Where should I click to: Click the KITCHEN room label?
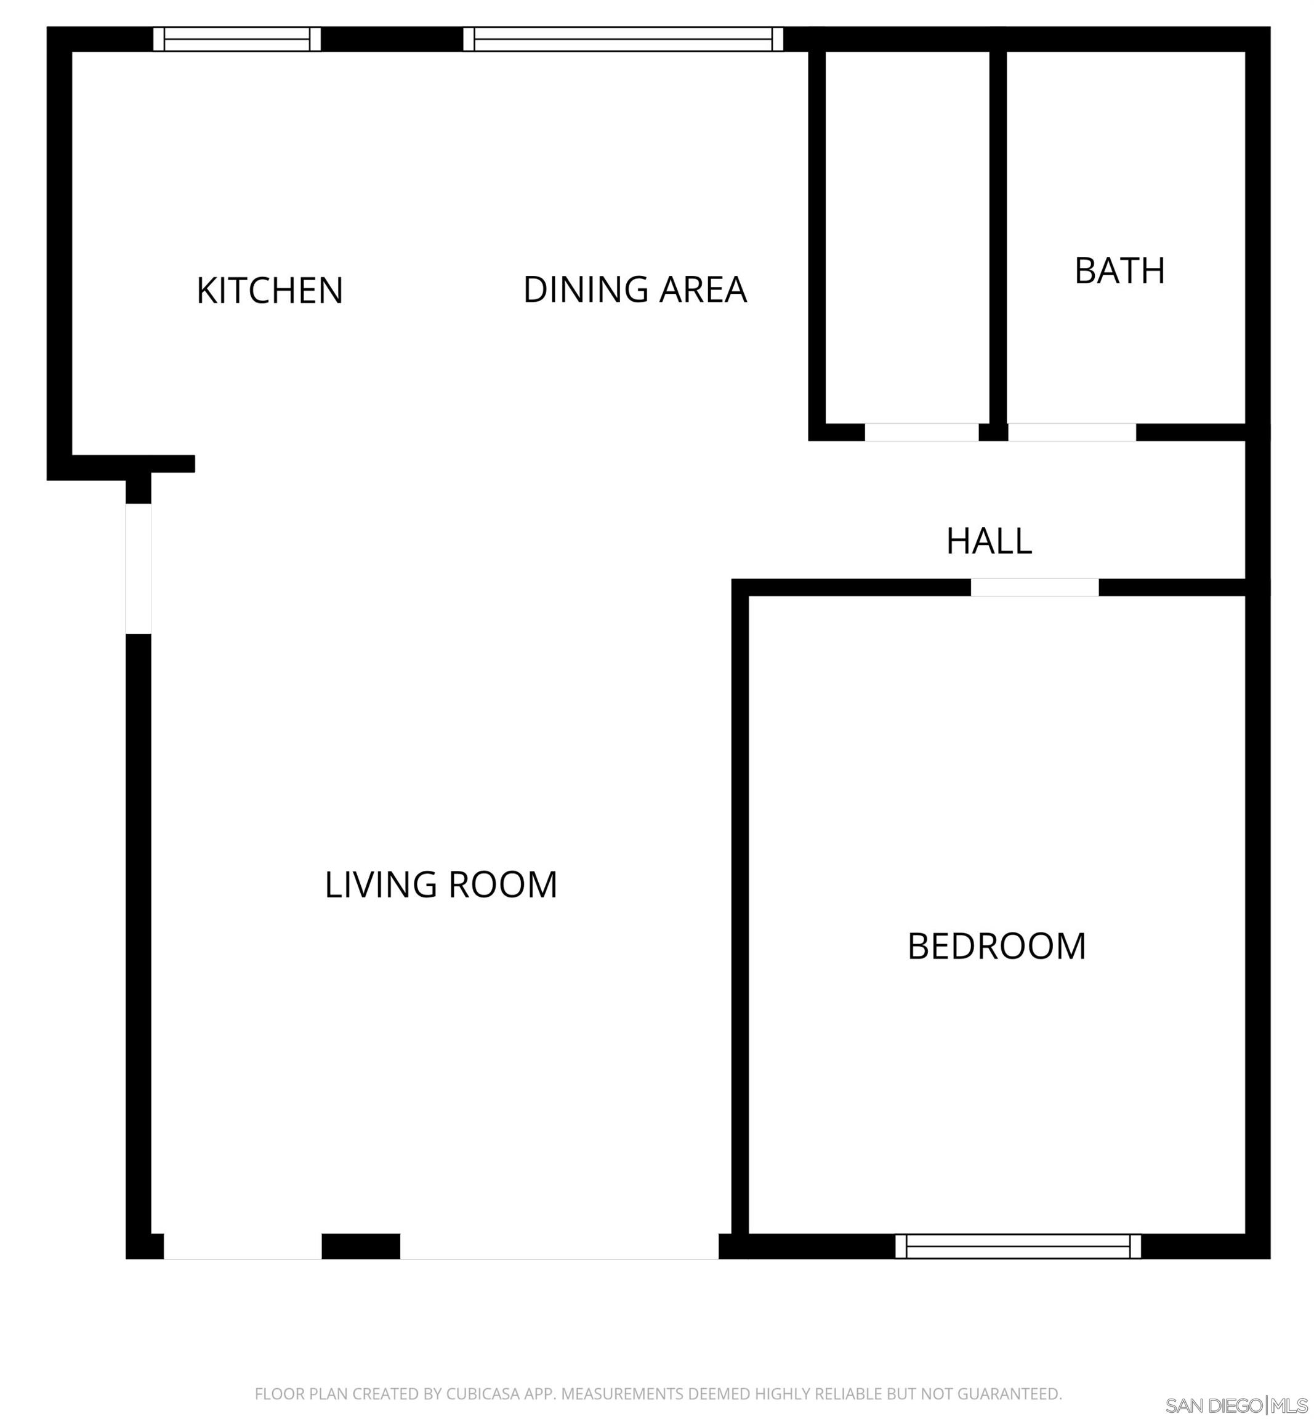[270, 291]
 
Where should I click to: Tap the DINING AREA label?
[634, 289]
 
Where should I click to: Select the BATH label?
[1119, 271]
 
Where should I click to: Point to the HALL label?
[988, 541]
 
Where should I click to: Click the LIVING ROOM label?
[441, 885]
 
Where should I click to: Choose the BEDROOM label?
[996, 947]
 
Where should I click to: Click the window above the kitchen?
[237, 39]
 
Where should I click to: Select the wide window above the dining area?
[623, 39]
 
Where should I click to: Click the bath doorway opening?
[1071, 432]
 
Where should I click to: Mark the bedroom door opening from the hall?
[1034, 588]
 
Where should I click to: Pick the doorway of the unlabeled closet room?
[922, 432]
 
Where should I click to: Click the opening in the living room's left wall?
[139, 568]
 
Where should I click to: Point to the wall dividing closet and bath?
[998, 235]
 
